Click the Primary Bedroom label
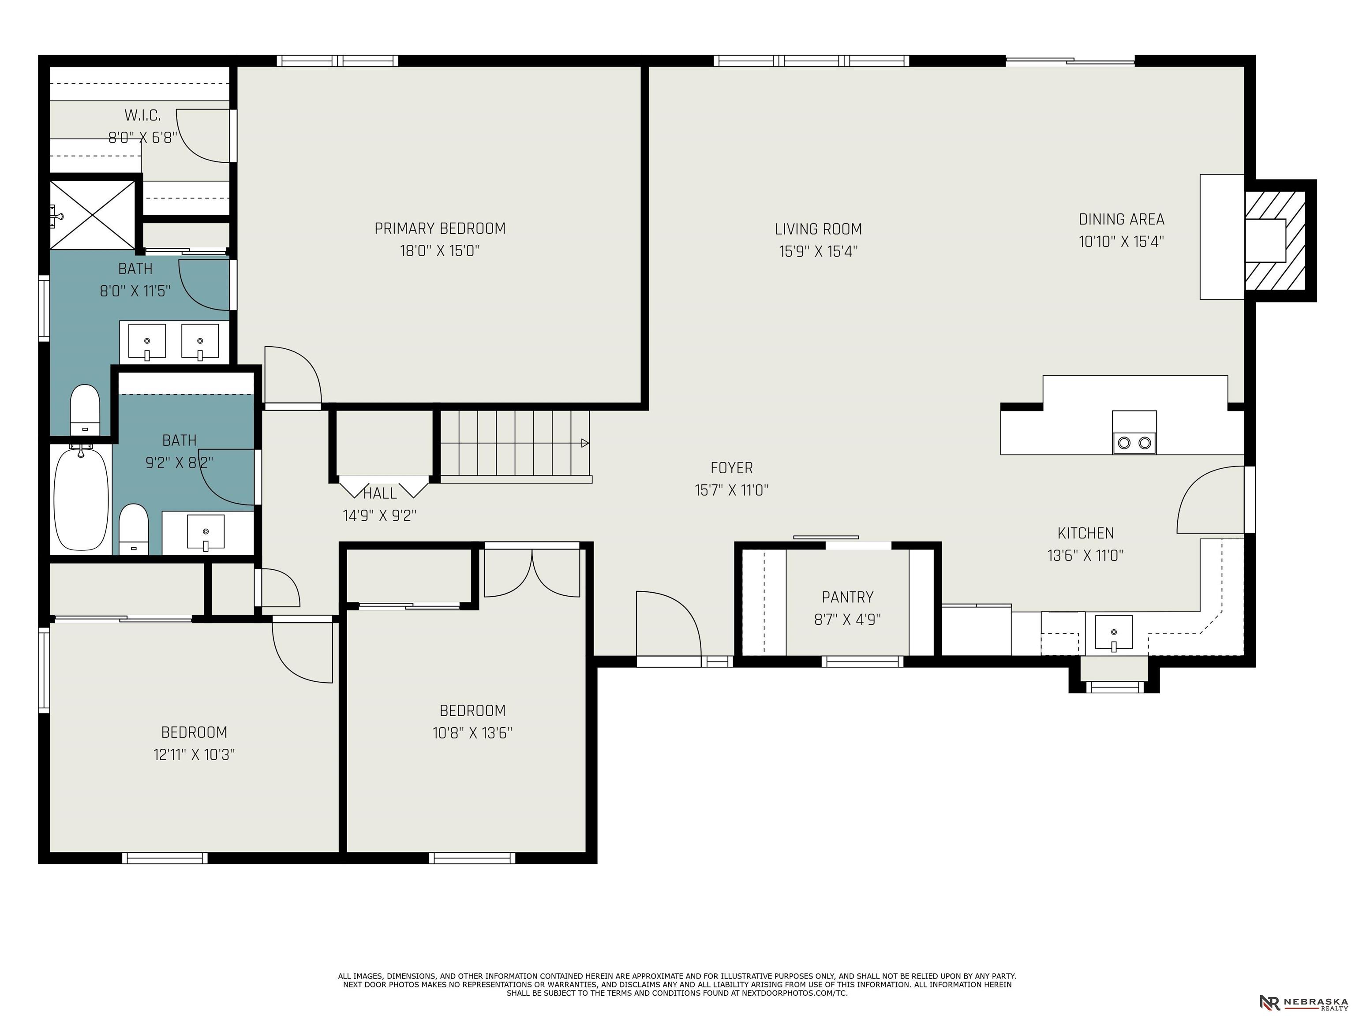[440, 228]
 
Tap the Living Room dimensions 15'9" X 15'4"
[818, 251]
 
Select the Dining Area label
[1122, 219]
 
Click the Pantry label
[848, 597]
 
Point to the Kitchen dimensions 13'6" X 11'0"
[1085, 556]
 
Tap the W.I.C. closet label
[143, 115]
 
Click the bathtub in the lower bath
[82, 499]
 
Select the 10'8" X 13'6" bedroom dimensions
[472, 733]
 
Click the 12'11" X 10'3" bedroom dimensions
[194, 755]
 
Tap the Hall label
[380, 493]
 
